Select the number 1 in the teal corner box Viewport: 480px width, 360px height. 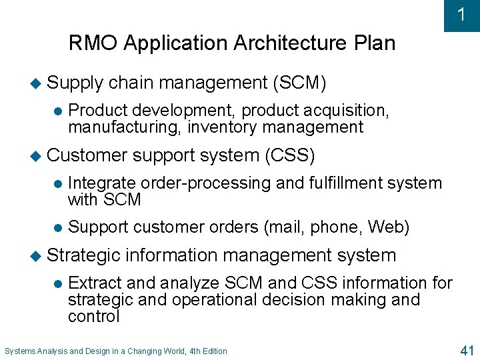click(461, 15)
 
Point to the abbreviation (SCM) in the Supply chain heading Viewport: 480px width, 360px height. click(299, 83)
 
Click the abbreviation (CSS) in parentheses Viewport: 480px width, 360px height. click(289, 155)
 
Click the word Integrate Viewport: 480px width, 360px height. click(102, 183)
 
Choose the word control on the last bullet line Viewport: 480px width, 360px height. click(93, 316)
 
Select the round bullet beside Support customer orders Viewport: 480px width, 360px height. click(57, 227)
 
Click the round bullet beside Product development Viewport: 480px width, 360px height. click(57, 111)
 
